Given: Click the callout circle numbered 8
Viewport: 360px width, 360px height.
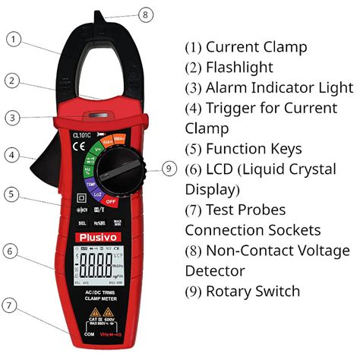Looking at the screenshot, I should click(147, 14).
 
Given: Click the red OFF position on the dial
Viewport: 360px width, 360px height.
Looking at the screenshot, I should click(111, 201).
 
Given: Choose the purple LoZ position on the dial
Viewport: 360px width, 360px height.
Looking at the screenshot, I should click(98, 194).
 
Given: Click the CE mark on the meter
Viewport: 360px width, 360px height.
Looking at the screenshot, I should click(77, 149).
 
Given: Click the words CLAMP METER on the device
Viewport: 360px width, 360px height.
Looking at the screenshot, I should click(95, 298).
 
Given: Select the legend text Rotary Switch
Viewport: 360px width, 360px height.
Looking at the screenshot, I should click(253, 291).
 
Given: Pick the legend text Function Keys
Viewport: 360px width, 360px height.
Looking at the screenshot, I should click(254, 149).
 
